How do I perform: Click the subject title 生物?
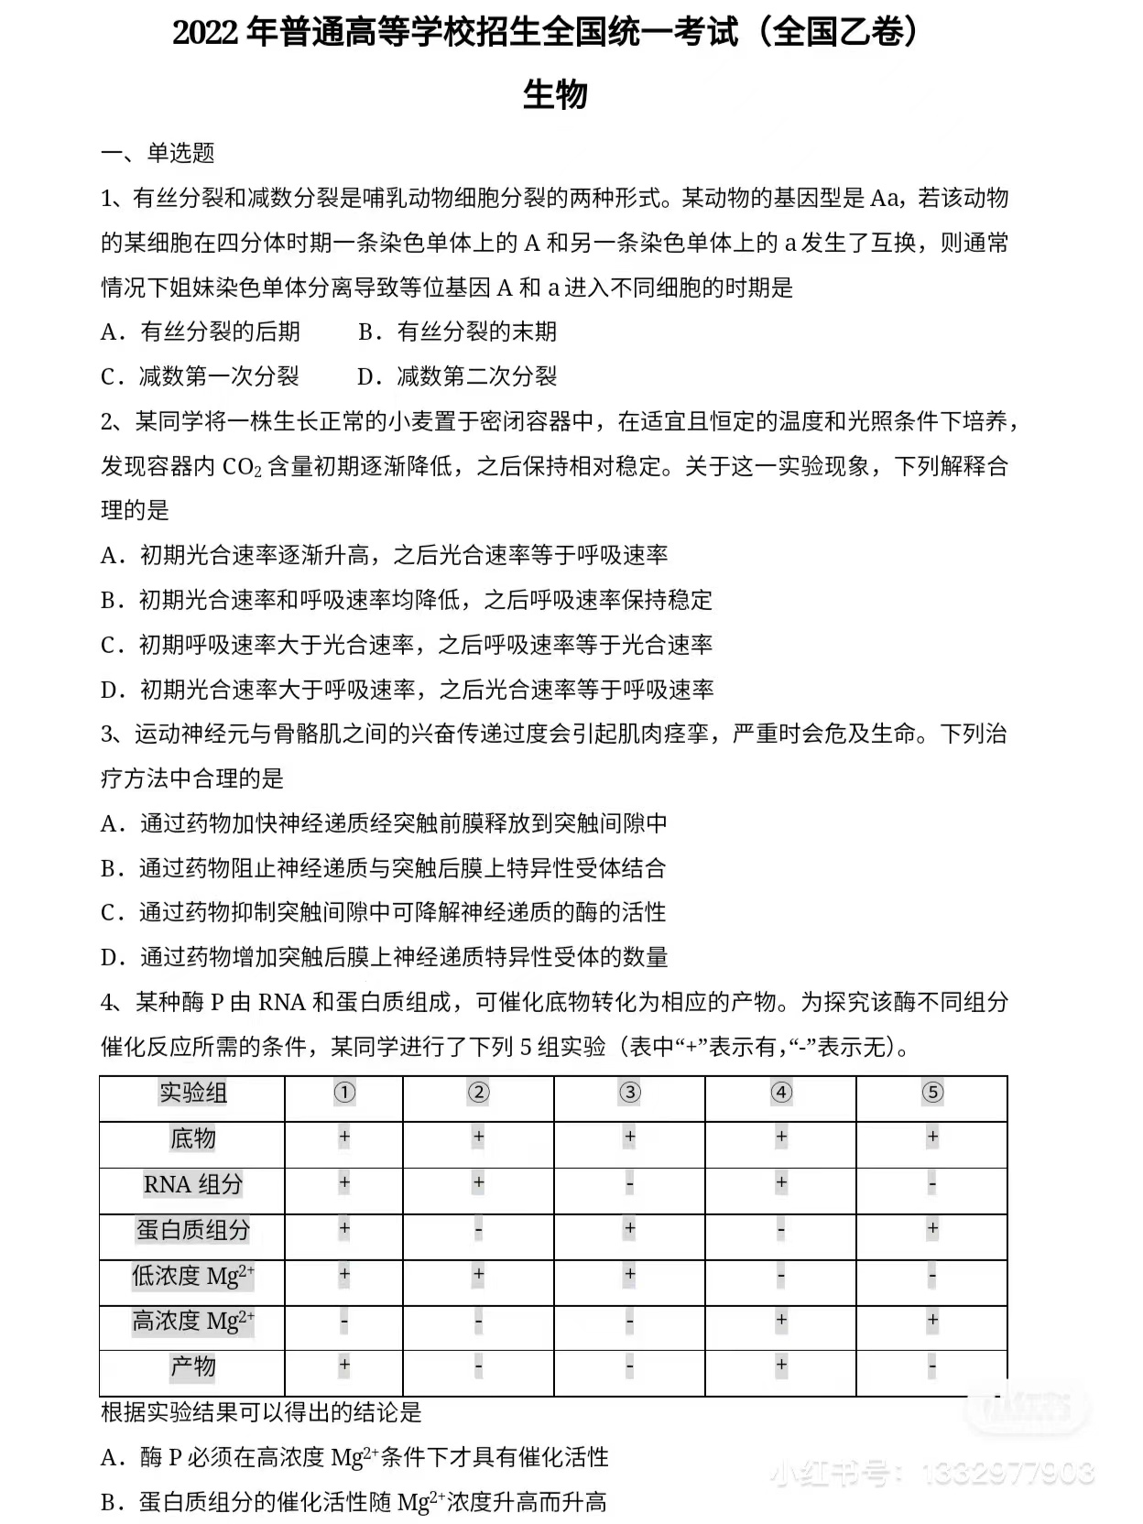(555, 94)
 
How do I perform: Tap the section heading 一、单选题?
(158, 153)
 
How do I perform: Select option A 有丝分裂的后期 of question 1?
(201, 332)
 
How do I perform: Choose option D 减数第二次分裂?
(457, 376)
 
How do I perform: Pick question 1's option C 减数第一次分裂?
(200, 376)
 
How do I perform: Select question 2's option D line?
(407, 690)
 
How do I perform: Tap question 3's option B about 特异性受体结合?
(383, 868)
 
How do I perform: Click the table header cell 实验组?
(192, 1093)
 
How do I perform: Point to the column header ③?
(629, 1093)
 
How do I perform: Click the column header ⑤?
(931, 1093)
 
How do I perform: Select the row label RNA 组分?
(192, 1184)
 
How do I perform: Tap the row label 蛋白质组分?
(192, 1230)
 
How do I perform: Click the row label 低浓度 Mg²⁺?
(192, 1276)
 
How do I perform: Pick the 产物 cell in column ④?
(780, 1366)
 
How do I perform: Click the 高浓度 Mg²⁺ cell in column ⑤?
(931, 1320)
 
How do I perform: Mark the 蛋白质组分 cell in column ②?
(478, 1230)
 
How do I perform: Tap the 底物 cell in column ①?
(344, 1138)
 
